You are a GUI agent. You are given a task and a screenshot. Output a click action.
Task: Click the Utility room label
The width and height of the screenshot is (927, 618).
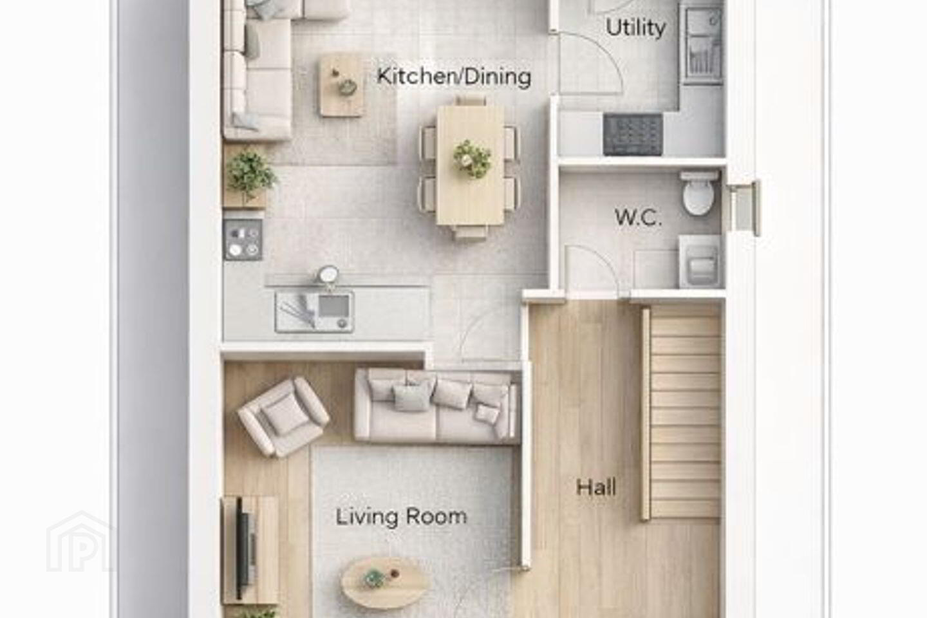(x=635, y=28)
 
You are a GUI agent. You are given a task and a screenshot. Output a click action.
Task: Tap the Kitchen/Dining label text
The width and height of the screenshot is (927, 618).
(x=454, y=77)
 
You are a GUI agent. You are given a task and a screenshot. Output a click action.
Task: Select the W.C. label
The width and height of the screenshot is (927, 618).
(x=638, y=218)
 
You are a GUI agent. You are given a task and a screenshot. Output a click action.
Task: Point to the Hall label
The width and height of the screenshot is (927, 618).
(x=596, y=487)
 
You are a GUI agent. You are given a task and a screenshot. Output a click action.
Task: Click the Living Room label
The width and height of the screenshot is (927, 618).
(x=401, y=517)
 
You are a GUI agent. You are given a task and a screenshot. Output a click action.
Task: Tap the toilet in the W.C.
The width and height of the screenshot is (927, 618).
(x=699, y=193)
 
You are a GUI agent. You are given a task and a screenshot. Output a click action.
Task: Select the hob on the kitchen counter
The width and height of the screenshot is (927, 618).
(x=243, y=239)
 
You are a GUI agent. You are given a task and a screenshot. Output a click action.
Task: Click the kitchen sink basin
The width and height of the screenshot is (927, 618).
(x=333, y=306)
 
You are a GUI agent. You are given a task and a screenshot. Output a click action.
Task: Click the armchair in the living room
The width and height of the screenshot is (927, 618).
(x=283, y=417)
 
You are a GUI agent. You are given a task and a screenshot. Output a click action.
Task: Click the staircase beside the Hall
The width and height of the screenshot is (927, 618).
(x=682, y=413)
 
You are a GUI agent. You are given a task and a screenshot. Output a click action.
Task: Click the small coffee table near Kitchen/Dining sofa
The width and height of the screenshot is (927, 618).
(x=342, y=86)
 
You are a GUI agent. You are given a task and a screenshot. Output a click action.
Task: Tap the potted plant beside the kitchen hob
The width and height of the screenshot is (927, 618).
(x=250, y=174)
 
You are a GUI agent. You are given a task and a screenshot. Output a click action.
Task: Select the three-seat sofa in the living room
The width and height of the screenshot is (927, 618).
(x=438, y=407)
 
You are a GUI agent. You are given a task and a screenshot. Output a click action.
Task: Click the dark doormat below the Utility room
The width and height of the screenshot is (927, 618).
(x=633, y=135)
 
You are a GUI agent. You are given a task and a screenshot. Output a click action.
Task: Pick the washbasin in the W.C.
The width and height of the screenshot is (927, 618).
(x=700, y=261)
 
